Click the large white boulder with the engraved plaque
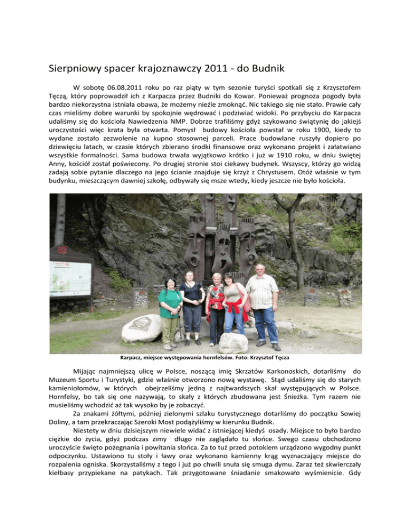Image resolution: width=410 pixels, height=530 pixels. click(x=142, y=328)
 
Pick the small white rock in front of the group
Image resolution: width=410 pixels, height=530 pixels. click(x=234, y=343)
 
